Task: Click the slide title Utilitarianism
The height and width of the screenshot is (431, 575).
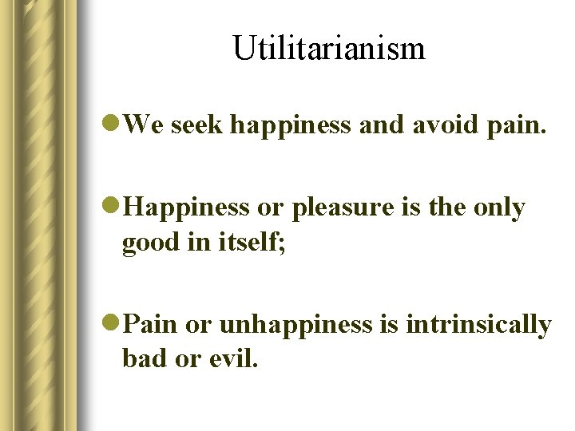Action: pos(329,49)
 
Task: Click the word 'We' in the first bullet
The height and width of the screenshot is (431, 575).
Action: pos(144,124)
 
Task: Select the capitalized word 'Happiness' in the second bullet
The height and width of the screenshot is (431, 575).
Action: pos(188,208)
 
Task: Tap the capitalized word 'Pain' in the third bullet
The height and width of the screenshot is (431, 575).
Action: pos(152,325)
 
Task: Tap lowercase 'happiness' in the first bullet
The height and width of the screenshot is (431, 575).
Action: pos(292,125)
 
